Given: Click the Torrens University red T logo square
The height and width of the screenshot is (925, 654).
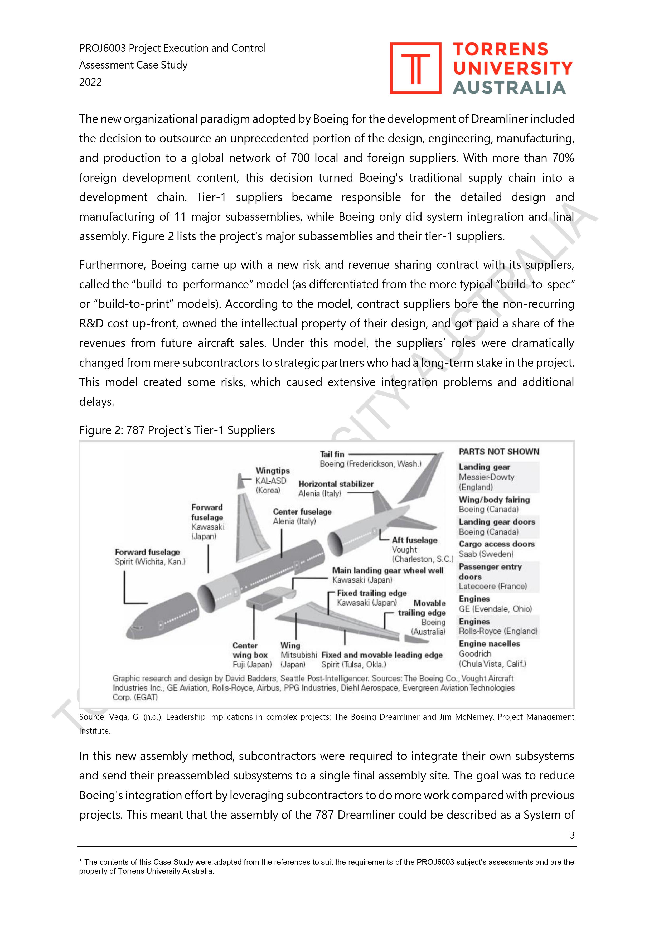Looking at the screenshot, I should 415,68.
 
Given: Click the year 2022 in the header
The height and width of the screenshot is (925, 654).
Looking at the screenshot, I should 90,82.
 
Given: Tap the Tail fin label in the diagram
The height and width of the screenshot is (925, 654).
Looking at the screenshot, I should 332,454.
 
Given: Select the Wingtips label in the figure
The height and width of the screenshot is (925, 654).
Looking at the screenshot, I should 272,471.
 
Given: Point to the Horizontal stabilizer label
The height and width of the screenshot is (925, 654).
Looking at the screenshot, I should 336,484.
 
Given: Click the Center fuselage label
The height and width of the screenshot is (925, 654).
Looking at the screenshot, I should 302,512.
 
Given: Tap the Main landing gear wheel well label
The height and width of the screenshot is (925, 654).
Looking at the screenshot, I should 387,570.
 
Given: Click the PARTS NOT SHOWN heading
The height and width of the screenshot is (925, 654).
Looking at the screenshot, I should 498,452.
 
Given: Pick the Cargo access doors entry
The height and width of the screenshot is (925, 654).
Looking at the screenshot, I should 496,544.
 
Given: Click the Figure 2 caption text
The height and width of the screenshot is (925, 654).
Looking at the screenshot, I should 177,430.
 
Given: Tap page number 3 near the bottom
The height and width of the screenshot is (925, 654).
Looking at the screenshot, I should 572,835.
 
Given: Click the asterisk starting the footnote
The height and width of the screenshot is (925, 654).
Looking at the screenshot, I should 81,862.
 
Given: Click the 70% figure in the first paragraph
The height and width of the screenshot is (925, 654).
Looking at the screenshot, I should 563,158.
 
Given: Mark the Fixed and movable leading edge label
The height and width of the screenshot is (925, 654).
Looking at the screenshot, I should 382,655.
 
